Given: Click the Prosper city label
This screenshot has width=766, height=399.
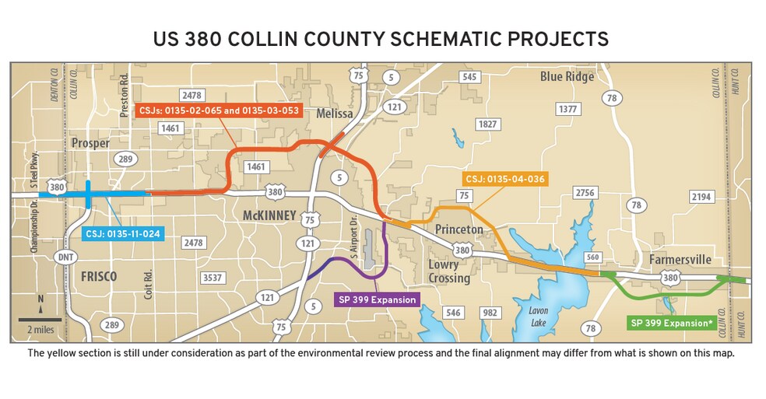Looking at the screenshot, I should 90,143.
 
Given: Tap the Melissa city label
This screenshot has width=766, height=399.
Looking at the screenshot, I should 336,114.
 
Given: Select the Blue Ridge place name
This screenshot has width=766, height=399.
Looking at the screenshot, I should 567,77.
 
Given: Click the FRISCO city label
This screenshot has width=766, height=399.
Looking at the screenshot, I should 98,276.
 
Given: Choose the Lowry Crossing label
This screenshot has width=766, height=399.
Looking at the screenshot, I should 449,271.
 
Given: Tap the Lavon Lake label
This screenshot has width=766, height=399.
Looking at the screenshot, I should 539,315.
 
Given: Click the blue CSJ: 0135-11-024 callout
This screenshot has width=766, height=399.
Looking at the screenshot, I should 123,233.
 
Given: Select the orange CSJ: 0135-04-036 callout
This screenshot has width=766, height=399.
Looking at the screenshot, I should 504,179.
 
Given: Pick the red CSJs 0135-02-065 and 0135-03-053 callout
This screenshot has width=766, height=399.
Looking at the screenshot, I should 219,110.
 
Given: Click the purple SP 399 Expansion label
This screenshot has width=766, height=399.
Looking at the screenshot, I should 378,299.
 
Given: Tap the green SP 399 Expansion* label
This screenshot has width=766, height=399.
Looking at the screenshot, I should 672,322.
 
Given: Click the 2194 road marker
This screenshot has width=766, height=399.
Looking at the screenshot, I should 701,197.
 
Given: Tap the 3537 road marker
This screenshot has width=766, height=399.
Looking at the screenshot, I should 212,277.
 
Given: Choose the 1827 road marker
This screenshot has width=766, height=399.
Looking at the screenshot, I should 487,124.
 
